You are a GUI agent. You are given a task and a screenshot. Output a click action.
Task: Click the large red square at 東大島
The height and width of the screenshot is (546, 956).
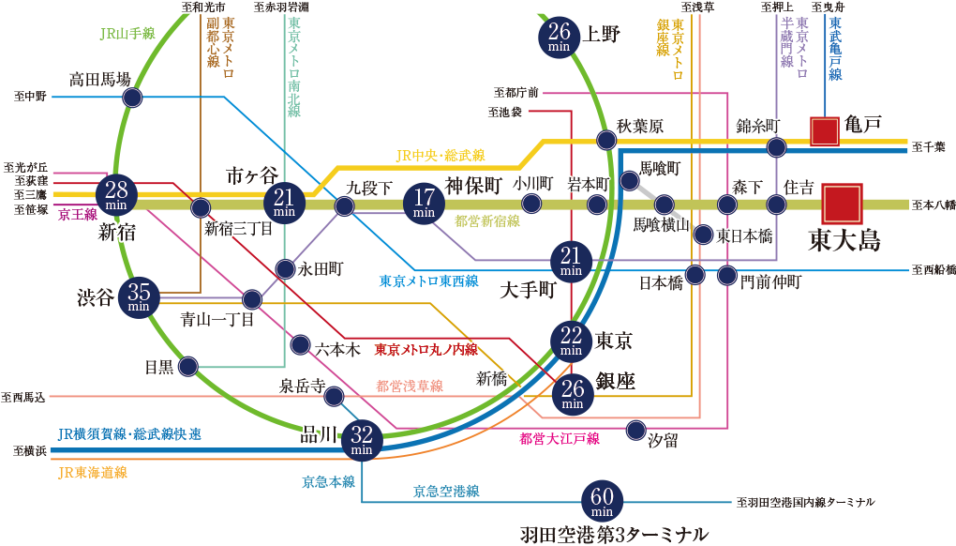842,202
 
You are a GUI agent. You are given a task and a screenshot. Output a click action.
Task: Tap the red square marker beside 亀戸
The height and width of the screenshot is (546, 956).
825,131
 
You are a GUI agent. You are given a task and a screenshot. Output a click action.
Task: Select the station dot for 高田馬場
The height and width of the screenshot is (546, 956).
132,98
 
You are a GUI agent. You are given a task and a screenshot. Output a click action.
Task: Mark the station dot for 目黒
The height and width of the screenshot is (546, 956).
187,366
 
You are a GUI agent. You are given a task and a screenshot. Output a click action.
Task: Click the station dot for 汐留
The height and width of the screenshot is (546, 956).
635,431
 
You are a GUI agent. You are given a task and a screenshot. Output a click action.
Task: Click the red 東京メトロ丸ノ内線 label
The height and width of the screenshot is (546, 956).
426,350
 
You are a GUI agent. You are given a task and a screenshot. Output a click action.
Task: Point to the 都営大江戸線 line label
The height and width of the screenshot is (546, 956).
560,437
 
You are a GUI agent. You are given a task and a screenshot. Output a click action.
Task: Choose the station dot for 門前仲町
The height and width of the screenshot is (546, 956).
727,276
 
